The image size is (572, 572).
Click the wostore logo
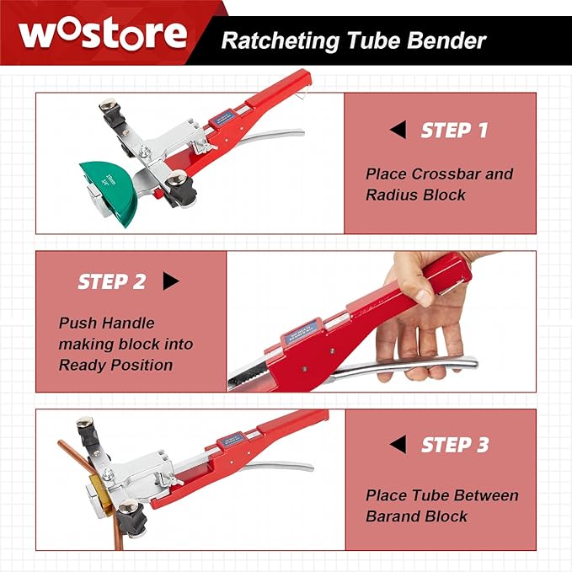(103, 34)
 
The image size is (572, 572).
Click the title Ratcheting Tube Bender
(353, 40)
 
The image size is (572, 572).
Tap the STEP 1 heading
(454, 131)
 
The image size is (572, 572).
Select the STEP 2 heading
(111, 281)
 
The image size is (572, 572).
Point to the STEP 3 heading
(454, 445)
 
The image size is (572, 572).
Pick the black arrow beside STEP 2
(171, 281)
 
